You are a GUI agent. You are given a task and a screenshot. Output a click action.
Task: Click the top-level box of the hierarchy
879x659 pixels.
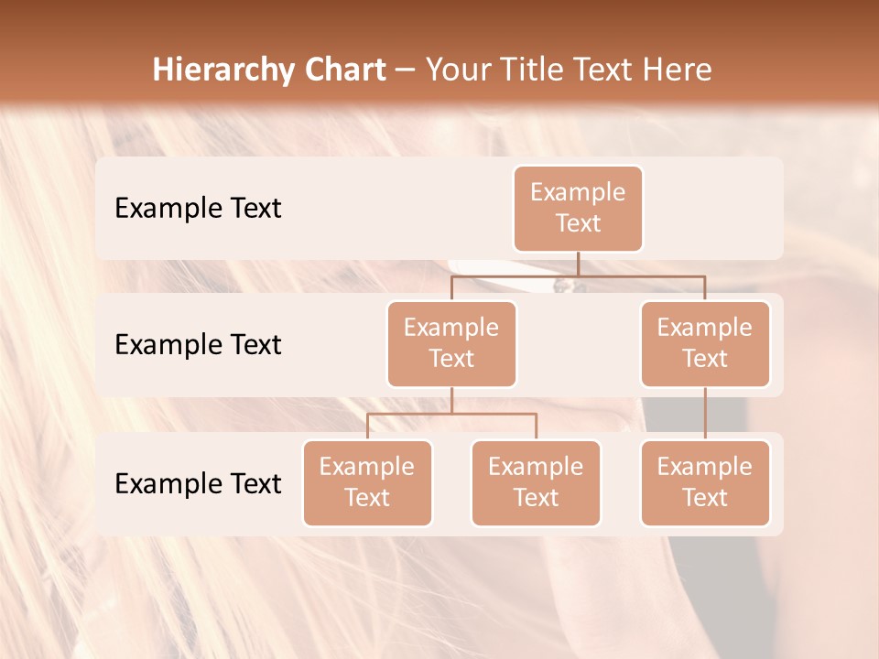(x=578, y=209)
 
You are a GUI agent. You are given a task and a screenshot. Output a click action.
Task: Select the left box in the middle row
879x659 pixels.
(x=451, y=343)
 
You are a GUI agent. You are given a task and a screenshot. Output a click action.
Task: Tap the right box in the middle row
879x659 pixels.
(x=705, y=343)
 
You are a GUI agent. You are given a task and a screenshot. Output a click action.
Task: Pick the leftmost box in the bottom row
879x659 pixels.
(x=367, y=482)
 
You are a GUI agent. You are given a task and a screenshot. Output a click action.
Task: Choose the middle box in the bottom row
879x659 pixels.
(x=536, y=482)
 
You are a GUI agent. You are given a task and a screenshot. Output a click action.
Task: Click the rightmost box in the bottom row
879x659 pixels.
(x=705, y=482)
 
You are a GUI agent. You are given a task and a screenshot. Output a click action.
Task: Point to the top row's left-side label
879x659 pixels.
(x=198, y=209)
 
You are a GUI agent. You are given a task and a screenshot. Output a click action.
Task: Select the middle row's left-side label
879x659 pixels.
(x=198, y=345)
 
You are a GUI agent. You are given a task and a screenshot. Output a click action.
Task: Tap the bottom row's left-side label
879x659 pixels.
(x=198, y=484)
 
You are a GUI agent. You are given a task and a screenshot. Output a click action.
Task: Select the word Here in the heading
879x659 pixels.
(x=677, y=70)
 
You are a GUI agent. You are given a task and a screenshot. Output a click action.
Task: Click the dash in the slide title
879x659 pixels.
(x=406, y=70)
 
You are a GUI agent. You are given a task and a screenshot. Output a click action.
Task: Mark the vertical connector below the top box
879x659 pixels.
(x=578, y=264)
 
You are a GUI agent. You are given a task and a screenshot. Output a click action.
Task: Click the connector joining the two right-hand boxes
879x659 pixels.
(x=705, y=413)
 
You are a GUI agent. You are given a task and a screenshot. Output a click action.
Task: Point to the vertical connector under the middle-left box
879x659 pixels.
(x=451, y=400)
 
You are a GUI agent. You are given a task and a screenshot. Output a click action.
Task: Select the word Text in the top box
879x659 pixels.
(x=578, y=224)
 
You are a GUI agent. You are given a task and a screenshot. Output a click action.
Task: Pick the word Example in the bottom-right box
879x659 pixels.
(x=705, y=468)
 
